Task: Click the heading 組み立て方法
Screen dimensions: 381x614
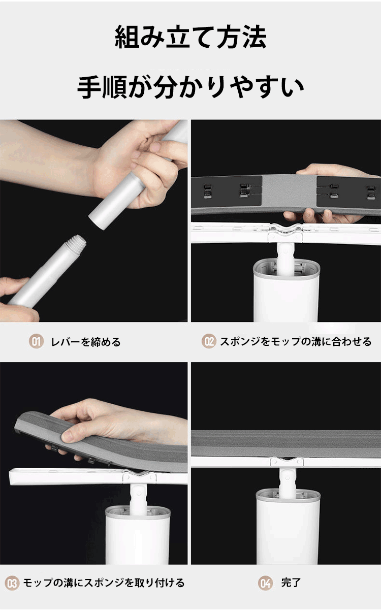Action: pyautogui.click(x=190, y=37)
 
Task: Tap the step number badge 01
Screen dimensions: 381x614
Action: pyautogui.click(x=36, y=342)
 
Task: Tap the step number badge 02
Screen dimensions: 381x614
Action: pyautogui.click(x=209, y=341)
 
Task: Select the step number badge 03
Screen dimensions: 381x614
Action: pyautogui.click(x=12, y=583)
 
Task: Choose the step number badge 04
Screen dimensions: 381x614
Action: pyautogui.click(x=265, y=583)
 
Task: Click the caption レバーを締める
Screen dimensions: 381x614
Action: pyautogui.click(x=86, y=342)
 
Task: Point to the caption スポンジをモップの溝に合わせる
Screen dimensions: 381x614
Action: pyautogui.click(x=296, y=342)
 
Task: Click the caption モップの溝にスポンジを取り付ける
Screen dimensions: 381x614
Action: pyautogui.click(x=104, y=583)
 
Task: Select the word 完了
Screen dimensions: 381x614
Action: pyautogui.click(x=291, y=583)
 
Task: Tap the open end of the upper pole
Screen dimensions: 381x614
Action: pyautogui.click(x=98, y=221)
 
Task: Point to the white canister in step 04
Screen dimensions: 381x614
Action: pyautogui.click(x=288, y=526)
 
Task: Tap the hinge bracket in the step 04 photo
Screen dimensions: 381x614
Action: pyautogui.click(x=287, y=462)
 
